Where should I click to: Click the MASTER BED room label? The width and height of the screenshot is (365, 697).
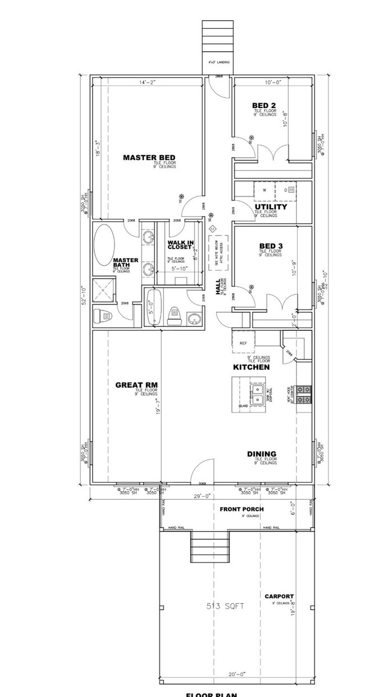pyautogui.click(x=149, y=158)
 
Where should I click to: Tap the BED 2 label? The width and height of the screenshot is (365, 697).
pyautogui.click(x=263, y=105)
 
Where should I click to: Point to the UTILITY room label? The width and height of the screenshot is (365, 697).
pyautogui.click(x=271, y=207)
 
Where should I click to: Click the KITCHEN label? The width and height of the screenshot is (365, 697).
pyautogui.click(x=252, y=367)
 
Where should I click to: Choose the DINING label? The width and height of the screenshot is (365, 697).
pyautogui.click(x=262, y=454)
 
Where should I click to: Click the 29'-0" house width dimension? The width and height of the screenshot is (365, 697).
pyautogui.click(x=202, y=496)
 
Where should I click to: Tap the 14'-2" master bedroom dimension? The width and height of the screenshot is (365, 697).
pyautogui.click(x=148, y=82)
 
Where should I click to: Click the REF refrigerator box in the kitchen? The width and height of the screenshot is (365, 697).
pyautogui.click(x=244, y=342)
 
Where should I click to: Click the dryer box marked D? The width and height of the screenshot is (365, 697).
pyautogui.click(x=286, y=191)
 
